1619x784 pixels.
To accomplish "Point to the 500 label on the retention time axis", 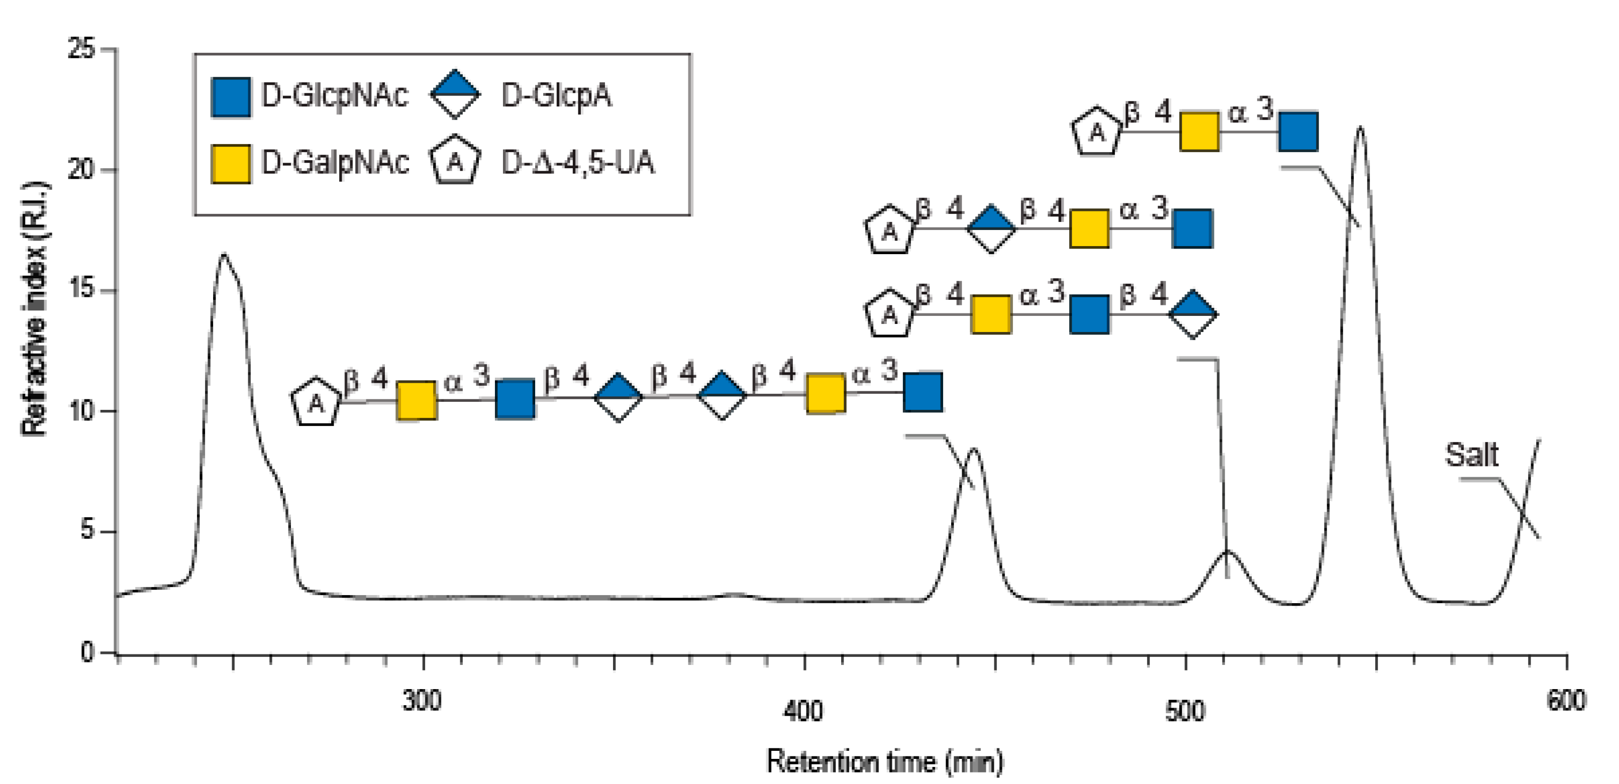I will (x=1185, y=711).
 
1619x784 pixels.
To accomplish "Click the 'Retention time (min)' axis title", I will (x=885, y=761).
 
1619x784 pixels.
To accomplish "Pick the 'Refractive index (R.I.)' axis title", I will (x=35, y=308).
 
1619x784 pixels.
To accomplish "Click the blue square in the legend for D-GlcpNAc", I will (x=231, y=97).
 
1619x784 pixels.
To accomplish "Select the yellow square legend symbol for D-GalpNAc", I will (x=231, y=163).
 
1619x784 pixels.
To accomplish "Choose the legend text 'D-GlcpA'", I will (x=556, y=96).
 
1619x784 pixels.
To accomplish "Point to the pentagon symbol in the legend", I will (x=455, y=161).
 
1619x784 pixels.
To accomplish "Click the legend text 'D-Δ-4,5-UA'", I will (x=577, y=163).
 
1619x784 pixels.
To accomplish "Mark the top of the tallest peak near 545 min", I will (x=1361, y=128).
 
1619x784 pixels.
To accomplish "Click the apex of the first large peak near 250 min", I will (x=224, y=255).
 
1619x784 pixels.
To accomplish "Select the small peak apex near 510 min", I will (x=1228, y=551).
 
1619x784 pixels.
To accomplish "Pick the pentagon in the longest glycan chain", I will (x=316, y=402).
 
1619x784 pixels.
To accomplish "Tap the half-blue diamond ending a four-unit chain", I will (x=1192, y=314).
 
